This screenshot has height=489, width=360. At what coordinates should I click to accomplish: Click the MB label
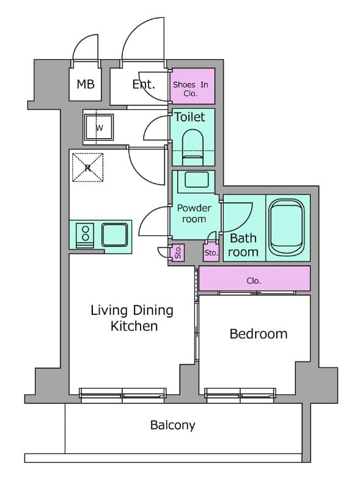pyautogui.click(x=86, y=84)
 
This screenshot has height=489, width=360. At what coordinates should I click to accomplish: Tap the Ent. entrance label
pyautogui.click(x=144, y=84)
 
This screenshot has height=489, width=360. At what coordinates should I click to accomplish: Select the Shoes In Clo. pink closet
pyautogui.click(x=193, y=86)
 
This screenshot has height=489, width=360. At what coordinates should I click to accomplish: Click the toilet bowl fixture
pyautogui.click(x=193, y=147)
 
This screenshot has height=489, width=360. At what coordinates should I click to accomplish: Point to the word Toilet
pyautogui.click(x=189, y=117)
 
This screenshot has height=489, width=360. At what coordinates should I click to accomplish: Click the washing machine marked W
pyautogui.click(x=99, y=128)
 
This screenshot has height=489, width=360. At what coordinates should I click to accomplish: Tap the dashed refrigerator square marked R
pyautogui.click(x=87, y=167)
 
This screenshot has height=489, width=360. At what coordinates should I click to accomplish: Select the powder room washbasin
pyautogui.click(x=196, y=180)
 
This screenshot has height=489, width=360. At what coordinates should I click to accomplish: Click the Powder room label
pyautogui.click(x=194, y=213)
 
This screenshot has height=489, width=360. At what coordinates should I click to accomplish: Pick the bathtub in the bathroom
pyautogui.click(x=287, y=227)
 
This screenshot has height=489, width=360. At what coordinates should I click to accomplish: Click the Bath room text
pyautogui.click(x=243, y=245)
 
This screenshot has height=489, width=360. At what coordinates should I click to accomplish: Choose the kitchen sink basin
pyautogui.click(x=114, y=235)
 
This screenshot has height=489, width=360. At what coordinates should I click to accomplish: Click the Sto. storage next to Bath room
pyautogui.click(x=211, y=252)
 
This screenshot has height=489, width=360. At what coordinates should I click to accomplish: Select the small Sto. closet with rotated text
pyautogui.click(x=178, y=252)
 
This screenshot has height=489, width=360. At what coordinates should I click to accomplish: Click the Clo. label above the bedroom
pyautogui.click(x=254, y=281)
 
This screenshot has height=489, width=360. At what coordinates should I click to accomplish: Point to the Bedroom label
pyautogui.click(x=259, y=334)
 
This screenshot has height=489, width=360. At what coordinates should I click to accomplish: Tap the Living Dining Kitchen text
pyautogui.click(x=132, y=318)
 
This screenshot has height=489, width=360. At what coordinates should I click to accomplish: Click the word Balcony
pyautogui.click(x=172, y=425)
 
